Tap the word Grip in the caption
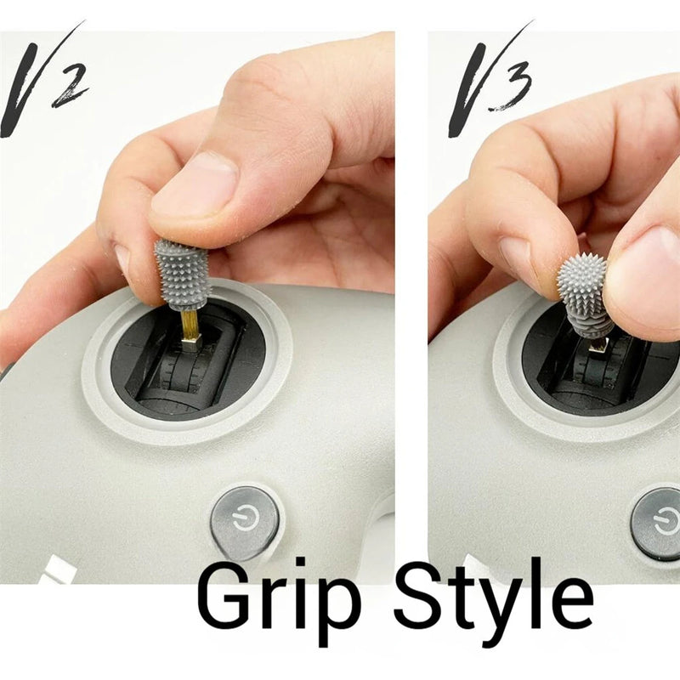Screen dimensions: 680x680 coord(279,603)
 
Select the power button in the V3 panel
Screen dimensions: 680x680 coord(655,524)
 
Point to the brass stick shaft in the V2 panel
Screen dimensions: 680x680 coord(190,326)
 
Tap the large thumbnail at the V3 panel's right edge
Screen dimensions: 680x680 coord(650,278)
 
